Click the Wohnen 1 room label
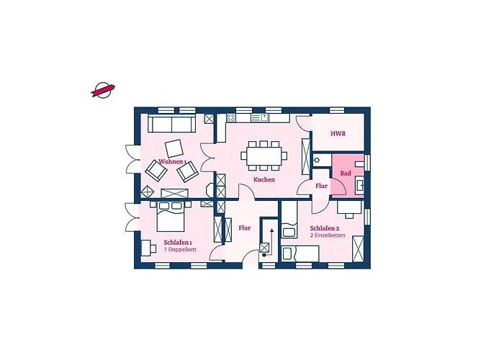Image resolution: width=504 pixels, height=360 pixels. point(172,161)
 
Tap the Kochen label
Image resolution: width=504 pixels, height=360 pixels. point(264,180)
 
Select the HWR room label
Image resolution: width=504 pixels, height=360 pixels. point(338,133)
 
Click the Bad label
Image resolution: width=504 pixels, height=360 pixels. point(346,174)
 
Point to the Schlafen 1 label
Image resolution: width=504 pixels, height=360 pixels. point(178,243)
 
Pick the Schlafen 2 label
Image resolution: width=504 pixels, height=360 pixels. point(325,228)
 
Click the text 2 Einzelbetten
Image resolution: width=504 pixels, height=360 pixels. point(328,235)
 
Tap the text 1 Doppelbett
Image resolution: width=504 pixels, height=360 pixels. point(180,249)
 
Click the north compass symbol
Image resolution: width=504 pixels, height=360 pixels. point(103,90)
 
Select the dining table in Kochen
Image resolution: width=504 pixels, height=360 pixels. point(264,156)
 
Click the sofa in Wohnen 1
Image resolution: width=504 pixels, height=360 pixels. point(172,123)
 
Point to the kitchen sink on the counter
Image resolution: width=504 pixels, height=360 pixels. point(259,118)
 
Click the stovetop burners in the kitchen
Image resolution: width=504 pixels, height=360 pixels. point(231,118)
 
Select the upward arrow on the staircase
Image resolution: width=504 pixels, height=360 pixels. point(272,236)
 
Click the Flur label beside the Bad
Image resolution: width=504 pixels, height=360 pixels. point(321,186)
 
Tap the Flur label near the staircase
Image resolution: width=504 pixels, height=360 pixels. point(245,228)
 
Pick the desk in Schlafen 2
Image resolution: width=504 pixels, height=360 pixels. point(349,207)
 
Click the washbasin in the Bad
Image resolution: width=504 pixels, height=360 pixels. point(360,185)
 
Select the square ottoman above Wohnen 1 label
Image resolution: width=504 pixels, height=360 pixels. point(174,148)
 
